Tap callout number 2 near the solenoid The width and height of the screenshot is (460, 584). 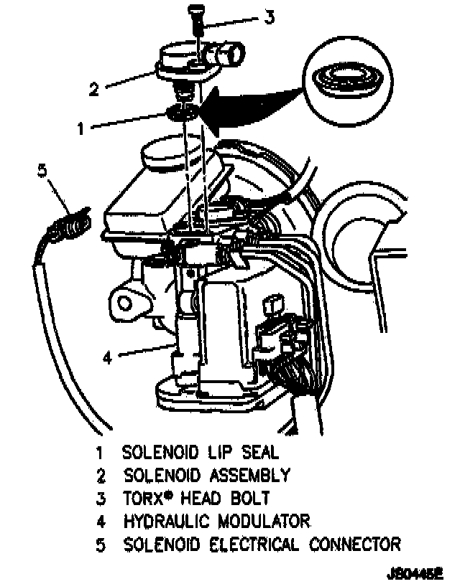[x=93, y=90]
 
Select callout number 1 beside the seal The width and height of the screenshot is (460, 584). [x=81, y=129]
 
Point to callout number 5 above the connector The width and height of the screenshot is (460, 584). [x=41, y=171]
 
